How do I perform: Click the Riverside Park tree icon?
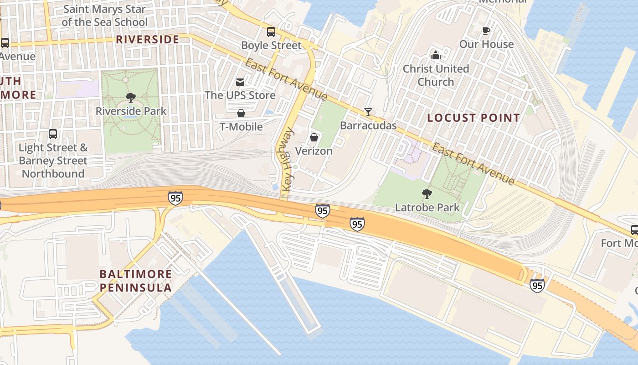pos(131,97)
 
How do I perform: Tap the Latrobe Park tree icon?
pos(427,194)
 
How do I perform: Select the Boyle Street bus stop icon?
pos(271,32)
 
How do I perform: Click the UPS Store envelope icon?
pos(240,82)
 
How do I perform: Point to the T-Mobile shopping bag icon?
pos(241,113)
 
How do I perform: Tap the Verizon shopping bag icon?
pos(314,137)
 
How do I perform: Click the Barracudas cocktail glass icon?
pos(368,112)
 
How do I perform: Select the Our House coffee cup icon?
pos(486,31)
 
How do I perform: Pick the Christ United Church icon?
pos(436,55)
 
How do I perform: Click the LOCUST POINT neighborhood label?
pos(473,118)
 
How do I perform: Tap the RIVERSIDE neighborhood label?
pos(147,40)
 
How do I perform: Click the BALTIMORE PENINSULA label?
pos(136,281)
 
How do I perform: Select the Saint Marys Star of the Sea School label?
pos(105,16)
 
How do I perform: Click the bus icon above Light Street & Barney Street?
pos(53,134)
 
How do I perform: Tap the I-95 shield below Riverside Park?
pos(175,198)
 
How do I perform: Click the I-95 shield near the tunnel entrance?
pos(537,286)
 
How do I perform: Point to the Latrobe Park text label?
pos(427,208)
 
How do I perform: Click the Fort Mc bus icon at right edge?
pos(634,230)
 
